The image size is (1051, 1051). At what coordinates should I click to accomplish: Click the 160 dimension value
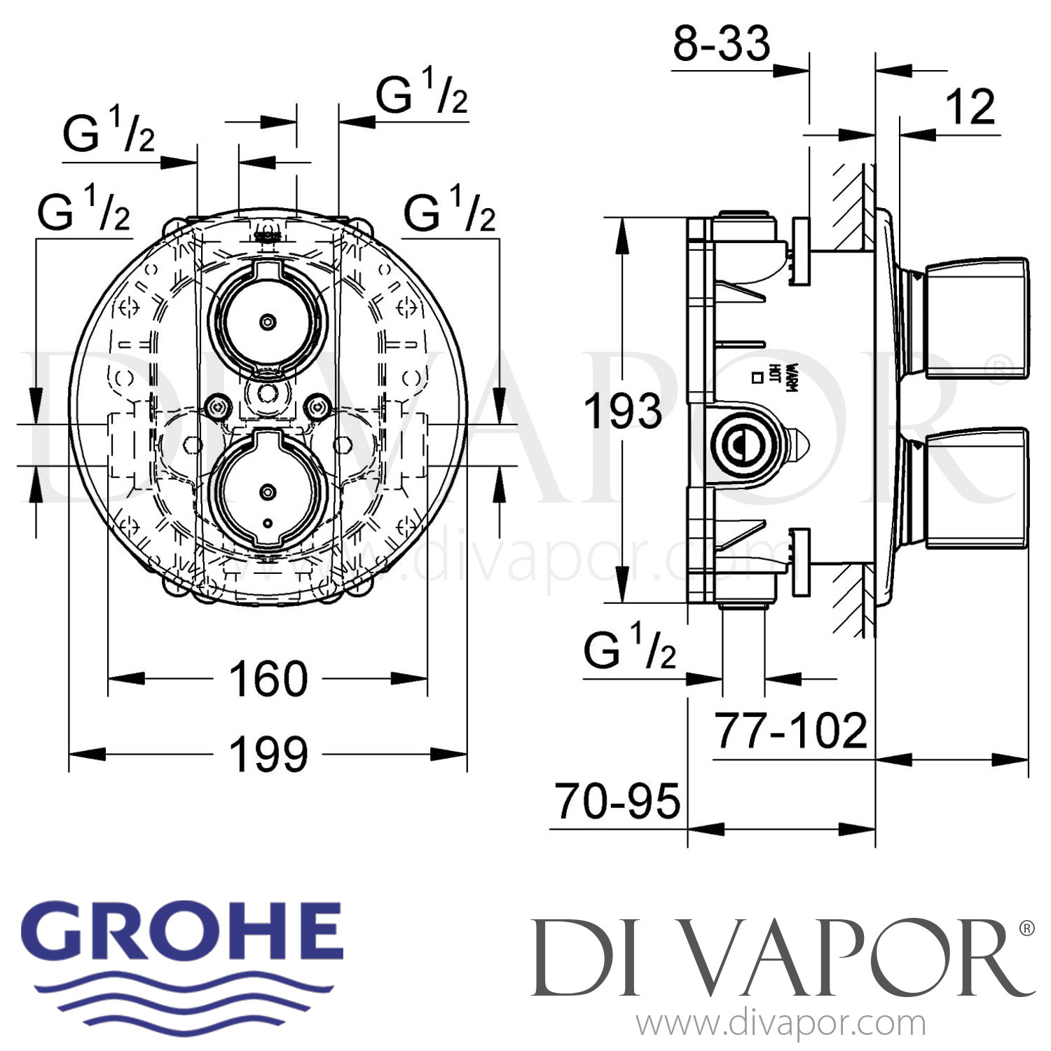268,679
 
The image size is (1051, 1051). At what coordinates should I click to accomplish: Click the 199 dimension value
268,755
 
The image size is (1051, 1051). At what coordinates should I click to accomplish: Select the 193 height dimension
623,411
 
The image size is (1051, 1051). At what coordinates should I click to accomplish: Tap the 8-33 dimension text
721,43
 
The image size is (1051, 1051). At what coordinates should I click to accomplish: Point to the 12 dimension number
970,107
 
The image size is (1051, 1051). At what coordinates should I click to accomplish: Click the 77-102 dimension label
790,731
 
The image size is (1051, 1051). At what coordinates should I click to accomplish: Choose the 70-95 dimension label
617,802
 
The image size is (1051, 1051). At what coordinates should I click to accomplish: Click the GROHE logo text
187,933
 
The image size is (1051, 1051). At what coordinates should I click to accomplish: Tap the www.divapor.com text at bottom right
781,1024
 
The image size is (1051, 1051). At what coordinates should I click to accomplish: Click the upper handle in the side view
977,320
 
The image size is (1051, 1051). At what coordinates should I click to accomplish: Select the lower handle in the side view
977,488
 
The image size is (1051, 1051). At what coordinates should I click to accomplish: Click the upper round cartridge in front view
267,322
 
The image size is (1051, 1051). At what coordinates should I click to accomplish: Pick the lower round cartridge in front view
267,491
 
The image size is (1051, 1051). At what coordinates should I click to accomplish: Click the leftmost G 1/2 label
84,210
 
